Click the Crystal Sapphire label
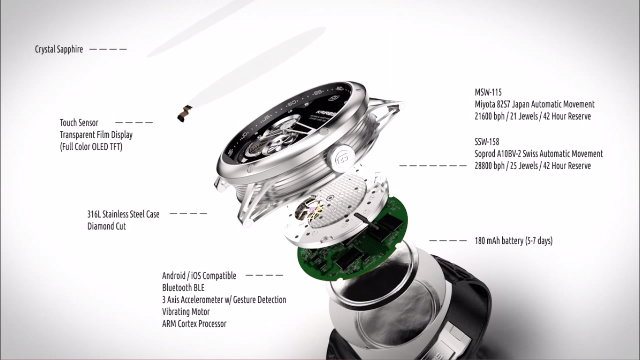pos(59,49)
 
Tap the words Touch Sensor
pos(79,123)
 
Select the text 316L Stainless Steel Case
pos(123,214)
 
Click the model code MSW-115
pos(488,92)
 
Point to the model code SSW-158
pos(487,142)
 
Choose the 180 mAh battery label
pos(513,241)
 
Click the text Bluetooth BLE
pos(184,288)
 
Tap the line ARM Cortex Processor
pos(194,324)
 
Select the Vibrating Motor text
pos(186,312)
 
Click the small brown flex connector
pos(185,113)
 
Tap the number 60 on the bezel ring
pos(340,88)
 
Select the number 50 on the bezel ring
pos(291,104)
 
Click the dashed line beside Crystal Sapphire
pos(108,49)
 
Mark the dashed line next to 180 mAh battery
pos(448,241)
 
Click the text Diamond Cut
pos(106,226)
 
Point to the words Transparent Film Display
pos(97,135)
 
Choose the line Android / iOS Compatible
pos(199,276)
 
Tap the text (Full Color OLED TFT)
pos(91,147)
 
